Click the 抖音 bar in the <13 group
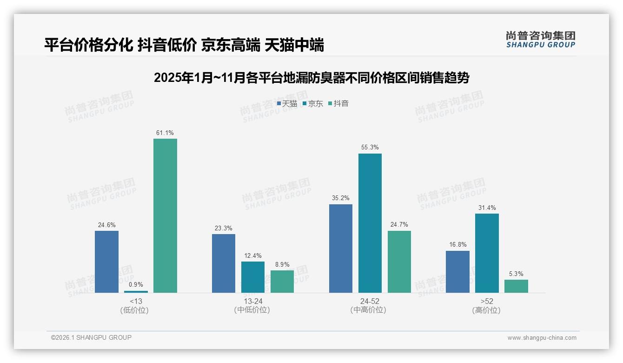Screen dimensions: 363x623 pos(165,215)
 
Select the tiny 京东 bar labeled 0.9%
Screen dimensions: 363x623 pos(136,292)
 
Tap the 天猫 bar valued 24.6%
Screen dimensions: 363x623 pos(106,262)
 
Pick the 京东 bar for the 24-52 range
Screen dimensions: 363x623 pos(370,223)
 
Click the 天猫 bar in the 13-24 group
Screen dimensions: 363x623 pos(224,263)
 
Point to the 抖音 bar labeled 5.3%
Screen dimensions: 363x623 pos(516,286)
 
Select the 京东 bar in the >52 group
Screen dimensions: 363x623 pos(487,253)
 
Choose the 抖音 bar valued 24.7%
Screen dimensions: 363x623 pos(399,262)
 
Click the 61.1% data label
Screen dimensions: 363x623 pos(165,133)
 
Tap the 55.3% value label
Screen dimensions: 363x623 pos(370,148)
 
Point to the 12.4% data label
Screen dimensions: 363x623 pos(253,255)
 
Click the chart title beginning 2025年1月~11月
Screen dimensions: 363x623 pos(311,78)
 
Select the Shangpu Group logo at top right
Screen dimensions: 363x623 pos(541,39)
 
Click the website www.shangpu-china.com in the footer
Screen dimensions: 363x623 pos(542,338)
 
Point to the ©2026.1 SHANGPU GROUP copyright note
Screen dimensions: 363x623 pos(91,337)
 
